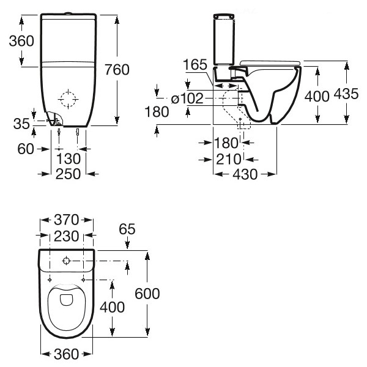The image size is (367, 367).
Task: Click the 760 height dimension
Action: pyautogui.click(x=117, y=70)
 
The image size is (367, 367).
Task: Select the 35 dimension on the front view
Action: pyautogui.click(x=21, y=124)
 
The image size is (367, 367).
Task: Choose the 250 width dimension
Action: pyautogui.click(x=67, y=174)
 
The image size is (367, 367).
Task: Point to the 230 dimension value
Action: pyautogui.click(x=67, y=235)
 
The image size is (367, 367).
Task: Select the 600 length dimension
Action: pyautogui.click(x=147, y=294)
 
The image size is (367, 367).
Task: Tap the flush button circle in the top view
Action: pyautogui.click(x=67, y=261)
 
